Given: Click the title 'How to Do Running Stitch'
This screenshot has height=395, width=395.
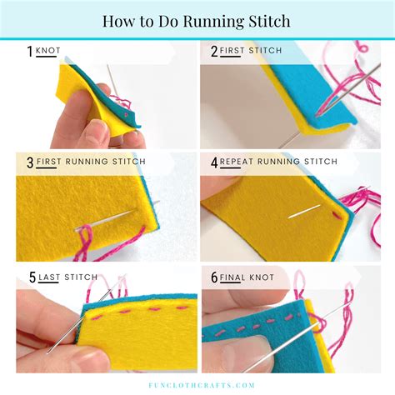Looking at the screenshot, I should click(197, 20).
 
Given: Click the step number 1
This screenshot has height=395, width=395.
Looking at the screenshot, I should click(29, 52).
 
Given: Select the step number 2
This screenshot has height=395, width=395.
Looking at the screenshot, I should click(213, 52).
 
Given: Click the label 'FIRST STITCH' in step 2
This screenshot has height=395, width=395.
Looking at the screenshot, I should click(252, 52).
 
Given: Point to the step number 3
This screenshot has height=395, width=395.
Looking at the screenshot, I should click(30, 161).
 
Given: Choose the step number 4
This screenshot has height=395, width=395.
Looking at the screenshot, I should click(213, 161).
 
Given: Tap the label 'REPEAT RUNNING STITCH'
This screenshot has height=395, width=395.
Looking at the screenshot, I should click(277, 161).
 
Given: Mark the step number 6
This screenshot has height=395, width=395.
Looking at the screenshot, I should click(213, 277).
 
